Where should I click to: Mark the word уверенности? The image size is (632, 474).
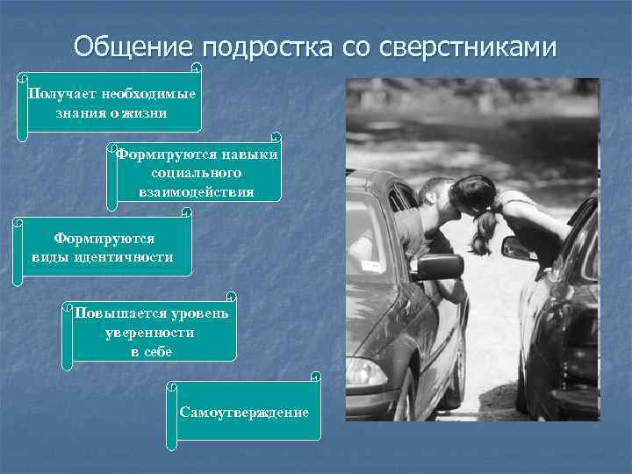150,333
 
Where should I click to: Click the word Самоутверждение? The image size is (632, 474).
243,412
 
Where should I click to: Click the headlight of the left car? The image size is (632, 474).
366,372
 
